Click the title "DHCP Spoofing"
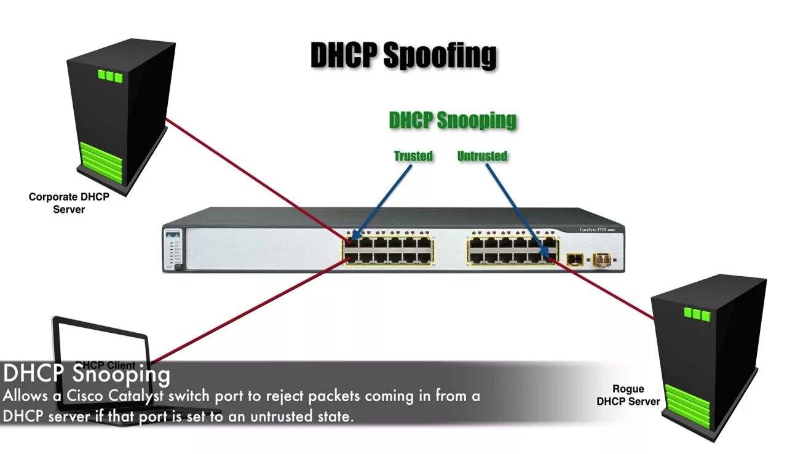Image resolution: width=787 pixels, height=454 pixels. [403, 55]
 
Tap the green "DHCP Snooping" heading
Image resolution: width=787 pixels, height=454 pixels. [453, 121]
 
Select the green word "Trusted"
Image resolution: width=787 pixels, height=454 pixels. [413, 156]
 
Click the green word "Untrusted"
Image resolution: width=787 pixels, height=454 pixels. [482, 156]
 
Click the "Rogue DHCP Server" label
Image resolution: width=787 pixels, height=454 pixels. [628, 395]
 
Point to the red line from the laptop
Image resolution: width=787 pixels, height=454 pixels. [246, 311]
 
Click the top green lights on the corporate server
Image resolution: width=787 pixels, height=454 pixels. [110, 77]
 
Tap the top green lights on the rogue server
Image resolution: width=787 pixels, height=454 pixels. [697, 314]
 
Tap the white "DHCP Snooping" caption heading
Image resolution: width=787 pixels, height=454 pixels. [86, 373]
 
